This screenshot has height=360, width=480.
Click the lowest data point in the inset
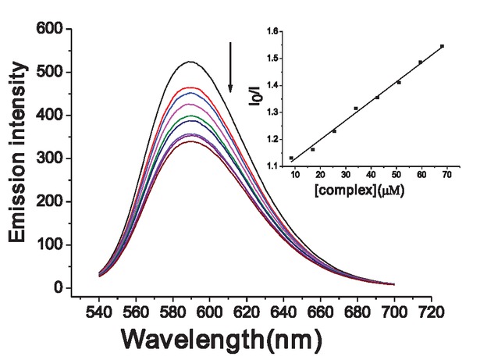tap(291, 159)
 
